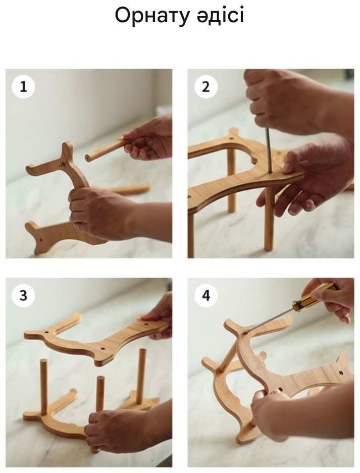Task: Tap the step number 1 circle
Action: pyautogui.click(x=24, y=87)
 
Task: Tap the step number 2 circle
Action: pyautogui.click(x=205, y=87)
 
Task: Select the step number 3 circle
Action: pyautogui.click(x=24, y=296)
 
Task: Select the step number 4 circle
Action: pyautogui.click(x=205, y=296)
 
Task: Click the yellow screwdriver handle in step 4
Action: pyautogui.click(x=314, y=294)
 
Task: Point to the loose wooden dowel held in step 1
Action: pyautogui.click(x=106, y=149)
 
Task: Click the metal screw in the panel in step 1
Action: pyautogui.click(x=63, y=165)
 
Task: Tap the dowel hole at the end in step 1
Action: pyautogui.click(x=87, y=158)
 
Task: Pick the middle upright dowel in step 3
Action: pyautogui.click(x=100, y=395)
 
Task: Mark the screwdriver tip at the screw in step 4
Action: pyautogui.click(x=245, y=332)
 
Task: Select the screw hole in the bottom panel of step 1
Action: pyautogui.click(x=41, y=240)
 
